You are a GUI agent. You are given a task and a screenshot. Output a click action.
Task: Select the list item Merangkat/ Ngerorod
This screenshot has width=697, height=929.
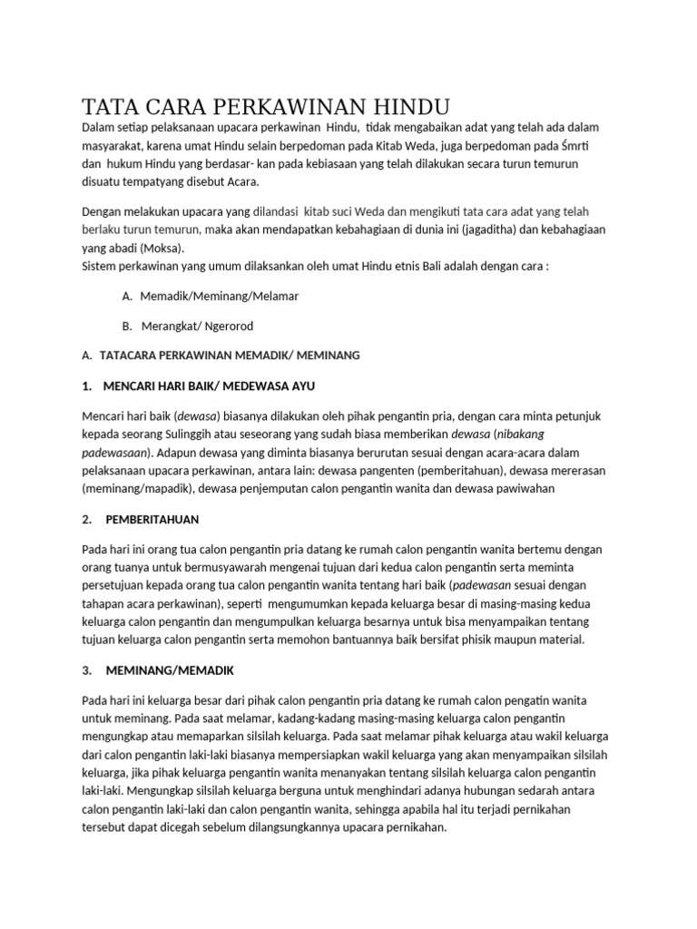197,326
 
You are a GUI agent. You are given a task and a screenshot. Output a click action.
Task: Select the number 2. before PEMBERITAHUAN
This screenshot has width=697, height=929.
87,520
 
